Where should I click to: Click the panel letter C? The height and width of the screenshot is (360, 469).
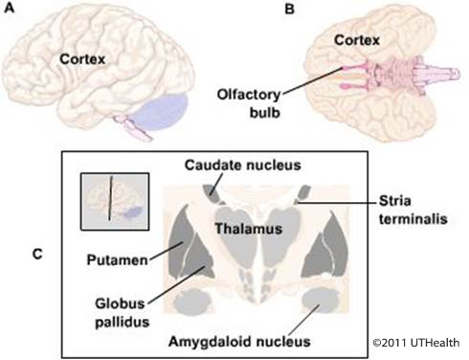coord(36,254)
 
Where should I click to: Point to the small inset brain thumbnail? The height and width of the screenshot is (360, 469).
coord(114,200)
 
